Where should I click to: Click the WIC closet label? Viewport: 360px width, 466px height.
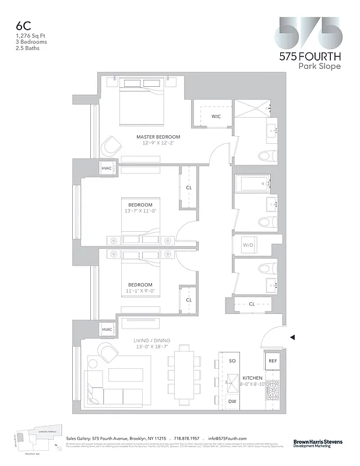pyautogui.click(x=216, y=116)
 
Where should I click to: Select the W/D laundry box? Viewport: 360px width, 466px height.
pyautogui.click(x=248, y=245)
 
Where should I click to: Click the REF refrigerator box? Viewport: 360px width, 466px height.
pyautogui.click(x=273, y=361)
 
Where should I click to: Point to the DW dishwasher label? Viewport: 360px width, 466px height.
pyautogui.click(x=232, y=402)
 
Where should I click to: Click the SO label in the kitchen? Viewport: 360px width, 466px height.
pyautogui.click(x=232, y=361)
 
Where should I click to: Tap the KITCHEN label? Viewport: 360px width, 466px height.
pyautogui.click(x=252, y=377)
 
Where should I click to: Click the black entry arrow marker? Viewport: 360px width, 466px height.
pyautogui.click(x=292, y=337)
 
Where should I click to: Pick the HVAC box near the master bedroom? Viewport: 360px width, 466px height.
pyautogui.click(x=107, y=168)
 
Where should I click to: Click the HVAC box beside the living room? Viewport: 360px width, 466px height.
pyautogui.click(x=107, y=330)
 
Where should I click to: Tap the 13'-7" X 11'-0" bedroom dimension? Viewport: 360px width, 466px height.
pyautogui.click(x=140, y=211)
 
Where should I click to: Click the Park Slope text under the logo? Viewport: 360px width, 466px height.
pyautogui.click(x=319, y=66)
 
